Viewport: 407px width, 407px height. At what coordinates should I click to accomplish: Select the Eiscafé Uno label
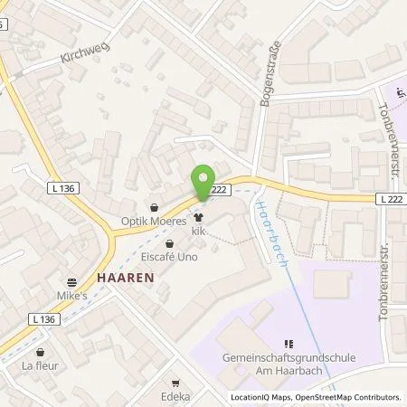tap(169, 257)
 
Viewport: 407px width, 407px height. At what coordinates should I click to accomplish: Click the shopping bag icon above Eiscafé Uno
tap(169, 243)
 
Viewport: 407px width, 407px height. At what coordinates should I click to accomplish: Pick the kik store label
tap(199, 232)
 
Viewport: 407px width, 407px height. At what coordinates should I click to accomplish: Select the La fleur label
tap(40, 367)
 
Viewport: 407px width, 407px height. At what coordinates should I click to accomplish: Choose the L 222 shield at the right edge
tap(390, 198)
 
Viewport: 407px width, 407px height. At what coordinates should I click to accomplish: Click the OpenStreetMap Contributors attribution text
tap(351, 397)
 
